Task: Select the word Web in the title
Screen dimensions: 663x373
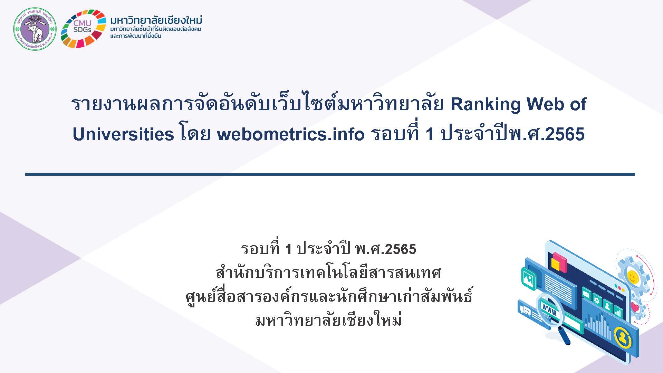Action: click(545, 104)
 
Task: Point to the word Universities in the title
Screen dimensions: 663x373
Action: click(123, 134)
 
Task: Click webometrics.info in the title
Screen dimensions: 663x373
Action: click(290, 134)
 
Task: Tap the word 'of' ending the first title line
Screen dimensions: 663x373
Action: click(578, 104)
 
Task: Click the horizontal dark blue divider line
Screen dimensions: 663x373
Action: click(330, 174)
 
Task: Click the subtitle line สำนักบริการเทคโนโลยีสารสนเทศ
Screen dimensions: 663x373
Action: click(329, 273)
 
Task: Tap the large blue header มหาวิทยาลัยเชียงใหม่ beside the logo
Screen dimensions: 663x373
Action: click(156, 20)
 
